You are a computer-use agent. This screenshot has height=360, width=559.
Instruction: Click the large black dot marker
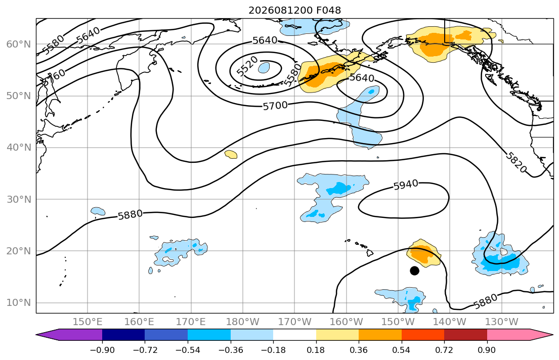414,271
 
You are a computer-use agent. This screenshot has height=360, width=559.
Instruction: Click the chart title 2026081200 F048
294,10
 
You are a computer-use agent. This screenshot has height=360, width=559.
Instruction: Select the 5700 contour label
275,106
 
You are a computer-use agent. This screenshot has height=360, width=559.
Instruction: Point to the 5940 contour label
406,185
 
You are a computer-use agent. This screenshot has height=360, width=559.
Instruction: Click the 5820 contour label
516,162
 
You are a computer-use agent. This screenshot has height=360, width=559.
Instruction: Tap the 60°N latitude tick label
19,44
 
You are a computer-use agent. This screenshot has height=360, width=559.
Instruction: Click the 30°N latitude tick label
19,199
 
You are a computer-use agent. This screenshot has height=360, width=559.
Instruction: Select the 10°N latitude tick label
19,303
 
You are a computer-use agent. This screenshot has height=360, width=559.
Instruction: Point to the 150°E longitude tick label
88,322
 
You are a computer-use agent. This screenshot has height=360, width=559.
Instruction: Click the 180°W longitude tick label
243,322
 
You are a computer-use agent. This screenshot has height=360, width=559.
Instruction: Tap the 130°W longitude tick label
502,322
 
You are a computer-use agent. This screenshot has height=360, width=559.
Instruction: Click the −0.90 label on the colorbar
102,350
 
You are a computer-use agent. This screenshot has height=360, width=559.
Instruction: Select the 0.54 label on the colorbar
402,350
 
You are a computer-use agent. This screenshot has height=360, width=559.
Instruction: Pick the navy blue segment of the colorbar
123,335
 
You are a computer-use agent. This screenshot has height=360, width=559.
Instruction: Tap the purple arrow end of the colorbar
69,335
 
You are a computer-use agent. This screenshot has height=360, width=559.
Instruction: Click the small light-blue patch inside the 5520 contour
264,67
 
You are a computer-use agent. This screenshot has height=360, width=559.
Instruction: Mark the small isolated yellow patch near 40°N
231,154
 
